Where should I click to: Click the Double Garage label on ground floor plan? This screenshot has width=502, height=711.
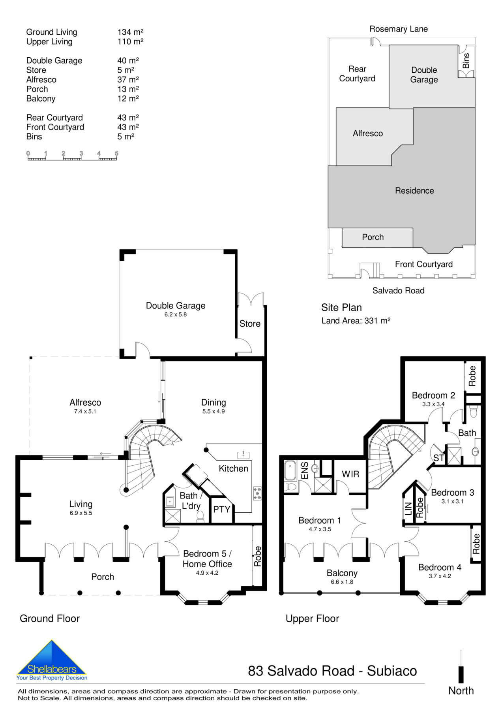pyautogui.click(x=176, y=306)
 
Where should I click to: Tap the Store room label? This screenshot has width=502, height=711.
pyautogui.click(x=250, y=324)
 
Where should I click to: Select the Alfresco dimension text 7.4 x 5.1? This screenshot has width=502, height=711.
pyautogui.click(x=85, y=412)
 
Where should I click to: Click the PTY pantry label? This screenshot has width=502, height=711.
pyautogui.click(x=221, y=510)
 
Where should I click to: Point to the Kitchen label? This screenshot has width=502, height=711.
pyautogui.click(x=233, y=469)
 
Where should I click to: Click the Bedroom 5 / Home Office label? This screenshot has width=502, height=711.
pyautogui.click(x=207, y=559)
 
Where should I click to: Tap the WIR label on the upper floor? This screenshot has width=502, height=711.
pyautogui.click(x=350, y=474)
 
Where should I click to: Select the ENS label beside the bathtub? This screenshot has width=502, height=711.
pyautogui.click(x=305, y=470)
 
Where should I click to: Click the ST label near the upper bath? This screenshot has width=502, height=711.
pyautogui.click(x=438, y=458)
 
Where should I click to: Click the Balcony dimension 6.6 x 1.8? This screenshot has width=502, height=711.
pyautogui.click(x=342, y=582)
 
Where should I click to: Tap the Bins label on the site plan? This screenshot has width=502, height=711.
pyautogui.click(x=466, y=61)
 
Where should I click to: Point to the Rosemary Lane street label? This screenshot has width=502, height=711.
pyautogui.click(x=398, y=29)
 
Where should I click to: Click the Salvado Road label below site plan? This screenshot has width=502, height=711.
pyautogui.click(x=398, y=291)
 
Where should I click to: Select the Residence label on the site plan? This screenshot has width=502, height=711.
pyautogui.click(x=414, y=191)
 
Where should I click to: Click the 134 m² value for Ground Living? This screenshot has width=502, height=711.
pyautogui.click(x=130, y=32)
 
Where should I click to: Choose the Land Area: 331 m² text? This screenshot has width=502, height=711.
pyautogui.click(x=356, y=321)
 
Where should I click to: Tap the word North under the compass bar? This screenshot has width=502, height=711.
pyautogui.click(x=461, y=690)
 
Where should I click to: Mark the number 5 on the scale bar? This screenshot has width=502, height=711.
pyautogui.click(x=116, y=153)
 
